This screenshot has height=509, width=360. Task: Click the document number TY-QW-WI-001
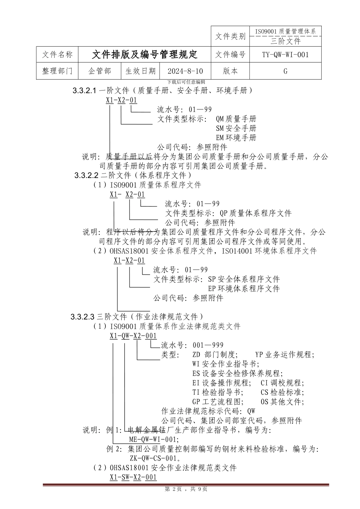pos(285,55)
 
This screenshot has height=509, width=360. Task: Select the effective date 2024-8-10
pos(185,71)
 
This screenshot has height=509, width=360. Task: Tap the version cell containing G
pos(285,71)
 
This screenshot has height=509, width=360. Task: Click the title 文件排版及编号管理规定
pos(144,55)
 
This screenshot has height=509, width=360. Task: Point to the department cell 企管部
pos(100,71)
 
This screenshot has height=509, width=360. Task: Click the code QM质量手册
pos(236,119)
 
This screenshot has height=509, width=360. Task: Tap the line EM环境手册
pos(236,138)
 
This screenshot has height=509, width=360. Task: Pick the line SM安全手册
pos(236,129)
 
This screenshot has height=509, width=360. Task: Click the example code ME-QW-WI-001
pos(153,440)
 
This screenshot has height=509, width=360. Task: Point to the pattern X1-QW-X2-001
pos(133,336)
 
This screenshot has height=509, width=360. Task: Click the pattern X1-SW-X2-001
pos(133,477)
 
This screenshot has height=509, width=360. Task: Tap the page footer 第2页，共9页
pos(185,489)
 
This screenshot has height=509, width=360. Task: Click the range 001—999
pos(208,345)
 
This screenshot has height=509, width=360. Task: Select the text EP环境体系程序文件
pos(244,289)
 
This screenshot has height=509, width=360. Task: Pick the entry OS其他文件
pos(282,401)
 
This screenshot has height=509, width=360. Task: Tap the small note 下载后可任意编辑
pos(186,82)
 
